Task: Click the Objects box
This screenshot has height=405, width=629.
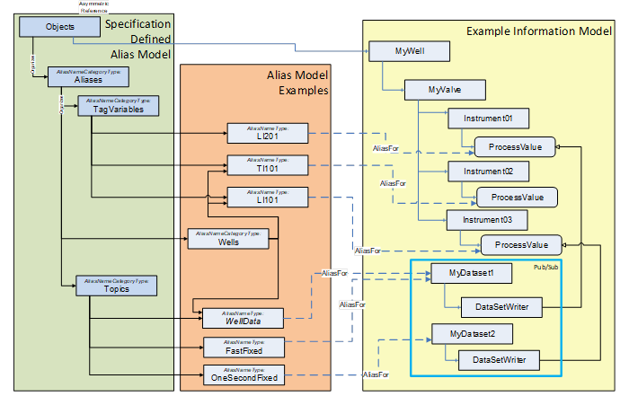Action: (x=59, y=27)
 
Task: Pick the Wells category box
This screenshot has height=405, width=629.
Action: (x=226, y=238)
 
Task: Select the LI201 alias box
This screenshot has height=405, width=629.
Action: (x=268, y=134)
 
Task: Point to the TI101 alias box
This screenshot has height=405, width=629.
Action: (x=268, y=164)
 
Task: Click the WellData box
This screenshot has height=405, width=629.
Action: (x=243, y=316)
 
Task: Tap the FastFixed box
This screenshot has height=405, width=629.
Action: (x=244, y=346)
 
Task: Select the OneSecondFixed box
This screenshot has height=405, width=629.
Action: (x=244, y=374)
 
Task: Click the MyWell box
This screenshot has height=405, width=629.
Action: (x=409, y=52)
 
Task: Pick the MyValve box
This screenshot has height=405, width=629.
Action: (x=445, y=90)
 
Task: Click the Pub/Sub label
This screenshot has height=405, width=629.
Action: (x=545, y=268)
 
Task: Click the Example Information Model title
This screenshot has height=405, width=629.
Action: (x=539, y=31)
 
